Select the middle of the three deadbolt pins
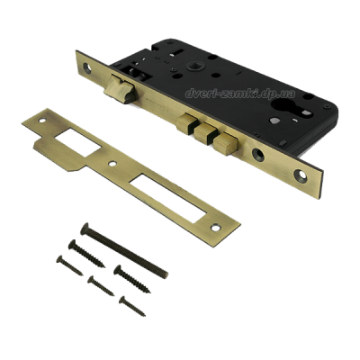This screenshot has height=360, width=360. point(205,133)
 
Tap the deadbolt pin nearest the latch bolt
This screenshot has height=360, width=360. point(188,122)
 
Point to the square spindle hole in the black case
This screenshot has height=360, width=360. point(191,66)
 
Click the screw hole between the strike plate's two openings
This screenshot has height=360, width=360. point(112,164)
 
